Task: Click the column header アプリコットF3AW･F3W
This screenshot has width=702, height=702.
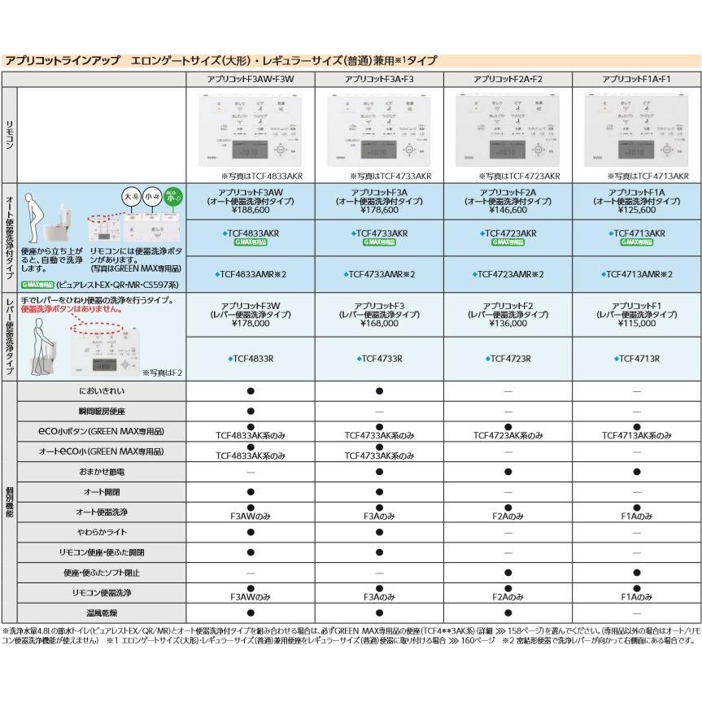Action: pyautogui.click(x=251, y=79)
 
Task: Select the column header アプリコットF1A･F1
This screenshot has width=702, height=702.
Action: pyautogui.click(x=636, y=79)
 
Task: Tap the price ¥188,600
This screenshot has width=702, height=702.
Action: pyautogui.click(x=251, y=209)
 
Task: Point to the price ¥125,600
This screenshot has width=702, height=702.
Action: pyautogui.click(x=636, y=209)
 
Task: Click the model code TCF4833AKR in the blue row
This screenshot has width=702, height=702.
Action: pyautogui.click(x=251, y=233)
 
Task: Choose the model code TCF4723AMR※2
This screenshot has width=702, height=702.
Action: pyautogui.click(x=508, y=274)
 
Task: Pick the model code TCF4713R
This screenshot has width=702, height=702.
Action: pyautogui.click(x=636, y=358)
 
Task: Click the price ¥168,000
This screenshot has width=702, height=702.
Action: pyautogui.click(x=380, y=322)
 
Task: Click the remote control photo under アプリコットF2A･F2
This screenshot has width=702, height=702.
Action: pyautogui.click(x=508, y=130)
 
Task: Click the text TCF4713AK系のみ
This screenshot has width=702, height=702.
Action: pyautogui.click(x=636, y=436)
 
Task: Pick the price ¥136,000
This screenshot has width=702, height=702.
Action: pyautogui.click(x=508, y=322)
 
